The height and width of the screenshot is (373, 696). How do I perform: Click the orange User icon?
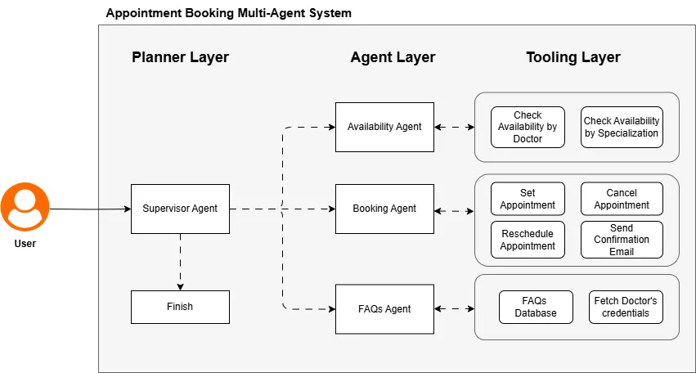tap(25, 206)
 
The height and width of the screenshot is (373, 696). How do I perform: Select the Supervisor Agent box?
tap(180, 209)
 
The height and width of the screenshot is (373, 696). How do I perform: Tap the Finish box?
tap(180, 307)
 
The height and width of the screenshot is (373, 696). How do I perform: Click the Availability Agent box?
tap(384, 127)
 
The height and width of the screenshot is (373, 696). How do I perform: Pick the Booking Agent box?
tap(384, 209)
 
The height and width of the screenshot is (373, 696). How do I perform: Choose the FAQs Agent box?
tap(384, 309)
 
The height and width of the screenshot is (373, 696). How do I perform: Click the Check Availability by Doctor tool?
tap(528, 127)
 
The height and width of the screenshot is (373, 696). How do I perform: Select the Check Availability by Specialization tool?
tap(622, 127)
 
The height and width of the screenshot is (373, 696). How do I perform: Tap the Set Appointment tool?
tap(528, 199)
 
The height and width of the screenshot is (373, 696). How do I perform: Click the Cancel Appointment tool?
tap(622, 199)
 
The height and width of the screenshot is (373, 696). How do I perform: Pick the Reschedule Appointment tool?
tap(528, 240)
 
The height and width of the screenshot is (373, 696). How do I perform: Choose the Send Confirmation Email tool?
tap(622, 240)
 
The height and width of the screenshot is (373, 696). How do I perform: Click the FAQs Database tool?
tap(536, 307)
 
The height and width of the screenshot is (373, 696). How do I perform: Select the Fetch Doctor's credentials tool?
tap(626, 307)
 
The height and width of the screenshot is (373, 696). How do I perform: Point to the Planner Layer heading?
tap(180, 57)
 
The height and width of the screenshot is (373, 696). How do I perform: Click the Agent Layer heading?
tap(393, 57)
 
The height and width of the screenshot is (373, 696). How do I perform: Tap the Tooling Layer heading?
tap(573, 57)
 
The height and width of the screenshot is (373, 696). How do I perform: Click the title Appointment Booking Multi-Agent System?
tap(229, 14)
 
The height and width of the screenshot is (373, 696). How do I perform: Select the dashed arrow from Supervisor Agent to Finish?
tap(180, 262)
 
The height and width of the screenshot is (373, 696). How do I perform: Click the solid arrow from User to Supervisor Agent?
tap(90, 209)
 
